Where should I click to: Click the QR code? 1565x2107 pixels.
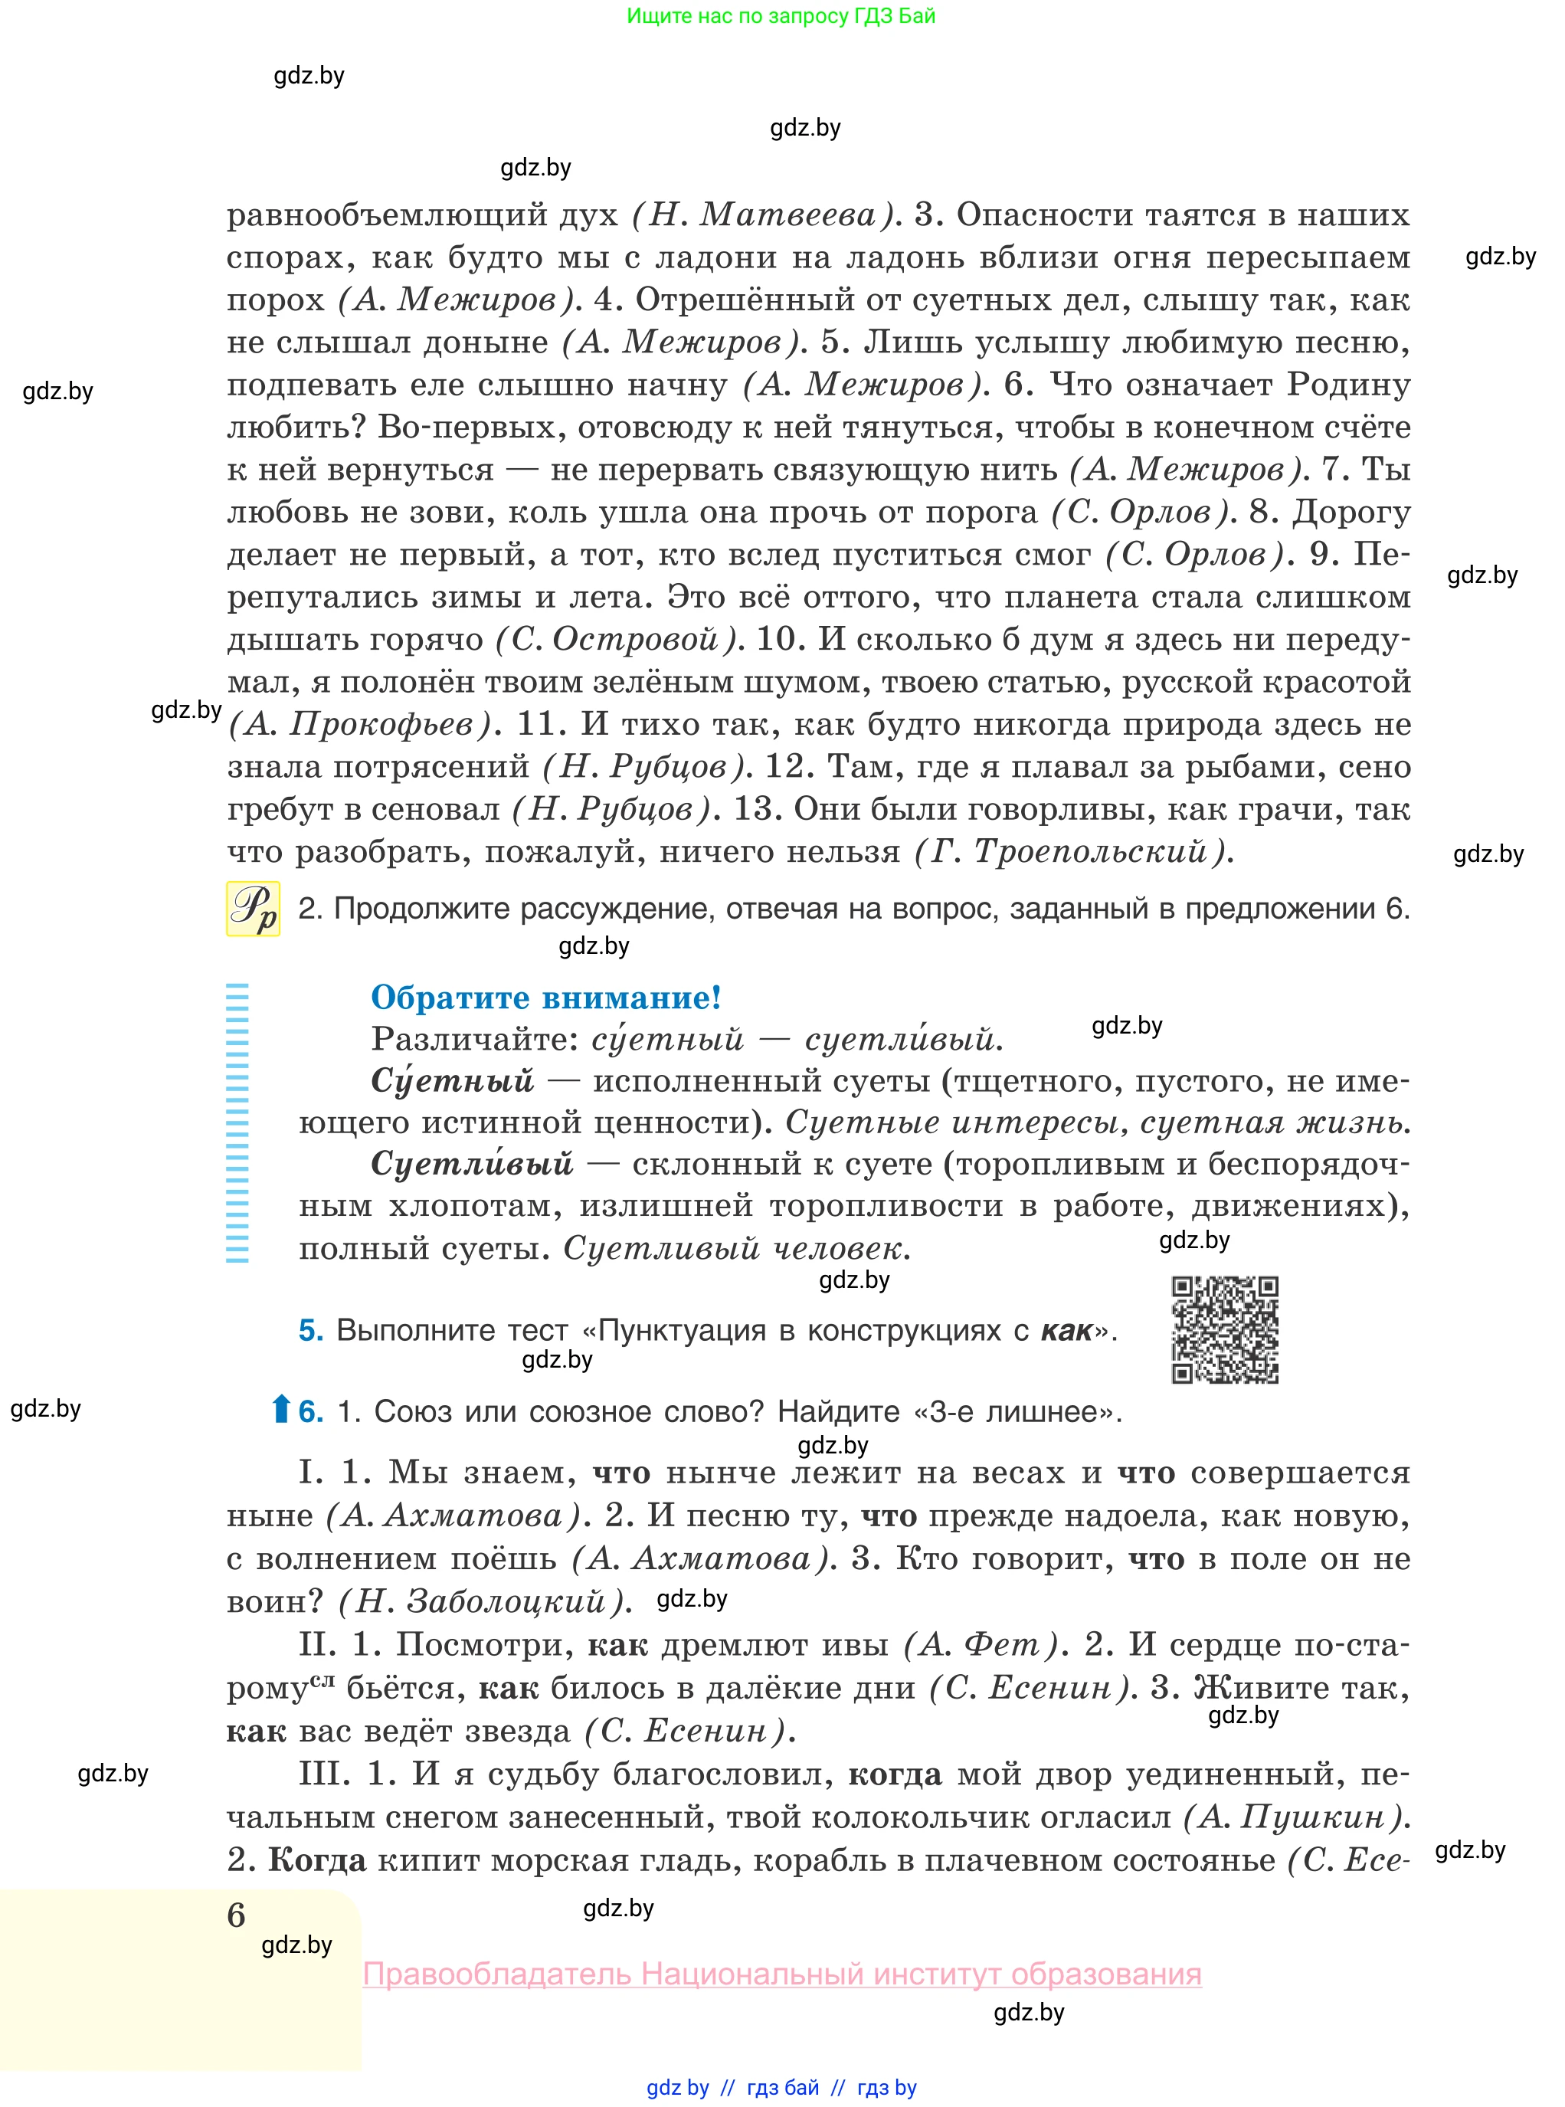tap(1224, 1329)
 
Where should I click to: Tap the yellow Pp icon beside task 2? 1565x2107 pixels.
tap(253, 909)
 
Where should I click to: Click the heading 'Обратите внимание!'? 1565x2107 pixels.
tap(545, 997)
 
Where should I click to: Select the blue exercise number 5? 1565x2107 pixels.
tap(311, 1330)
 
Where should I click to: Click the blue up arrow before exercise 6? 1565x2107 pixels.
tap(280, 1410)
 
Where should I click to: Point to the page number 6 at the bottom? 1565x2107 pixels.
tap(236, 1915)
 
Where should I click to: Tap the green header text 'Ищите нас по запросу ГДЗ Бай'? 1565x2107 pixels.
tap(781, 16)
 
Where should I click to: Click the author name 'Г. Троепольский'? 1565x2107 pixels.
tap(1074, 852)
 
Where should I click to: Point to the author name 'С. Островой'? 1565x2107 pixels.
tap(616, 640)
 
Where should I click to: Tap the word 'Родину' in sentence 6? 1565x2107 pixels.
tap(1348, 385)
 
